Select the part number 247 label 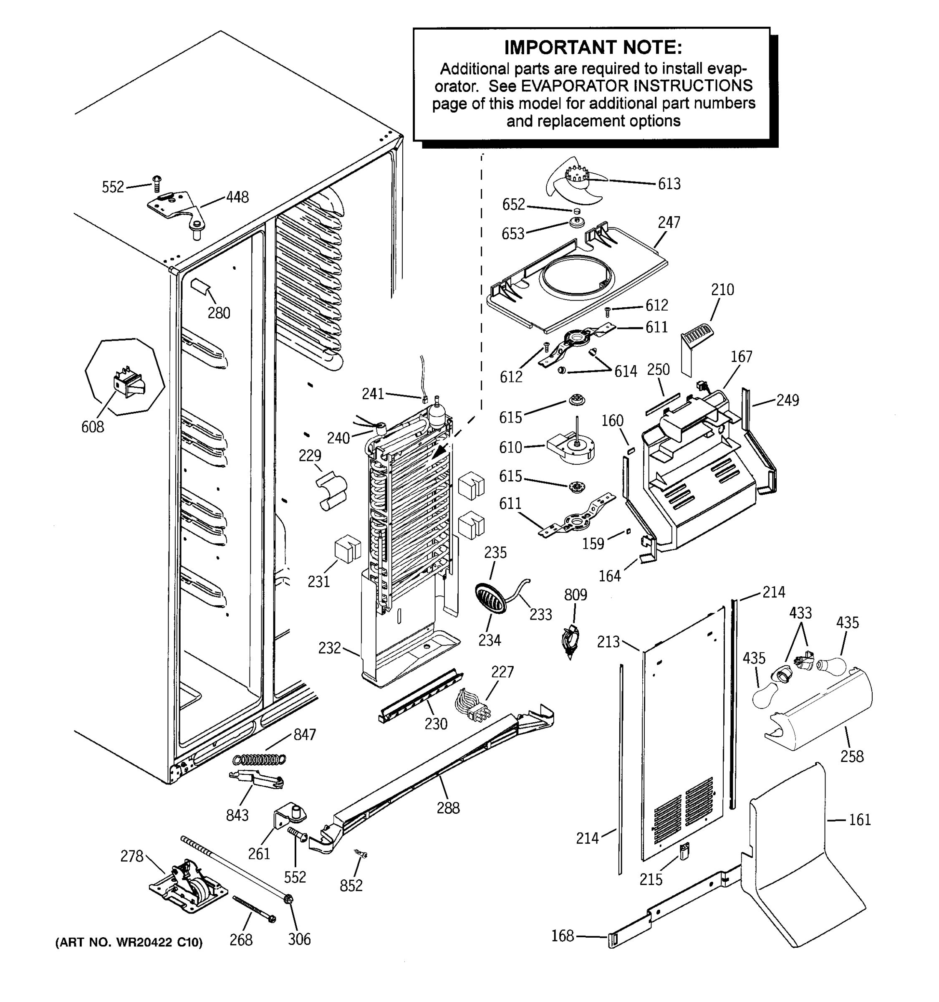tap(669, 222)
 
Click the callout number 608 tap(93, 427)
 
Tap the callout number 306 tap(299, 939)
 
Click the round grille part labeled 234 tap(490, 598)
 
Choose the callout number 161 tap(859, 820)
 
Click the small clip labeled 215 tap(684, 852)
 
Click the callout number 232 tap(329, 648)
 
